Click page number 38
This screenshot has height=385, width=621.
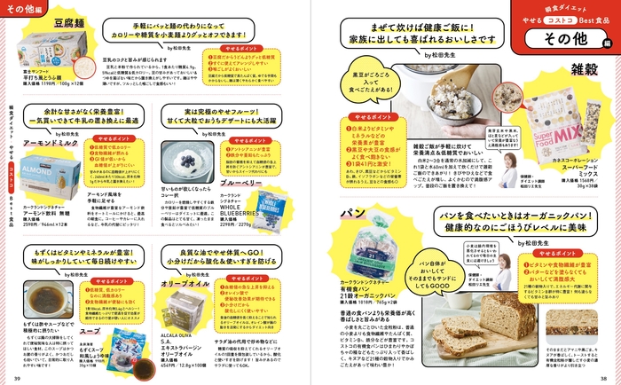pyautogui.click(x=602, y=377)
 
